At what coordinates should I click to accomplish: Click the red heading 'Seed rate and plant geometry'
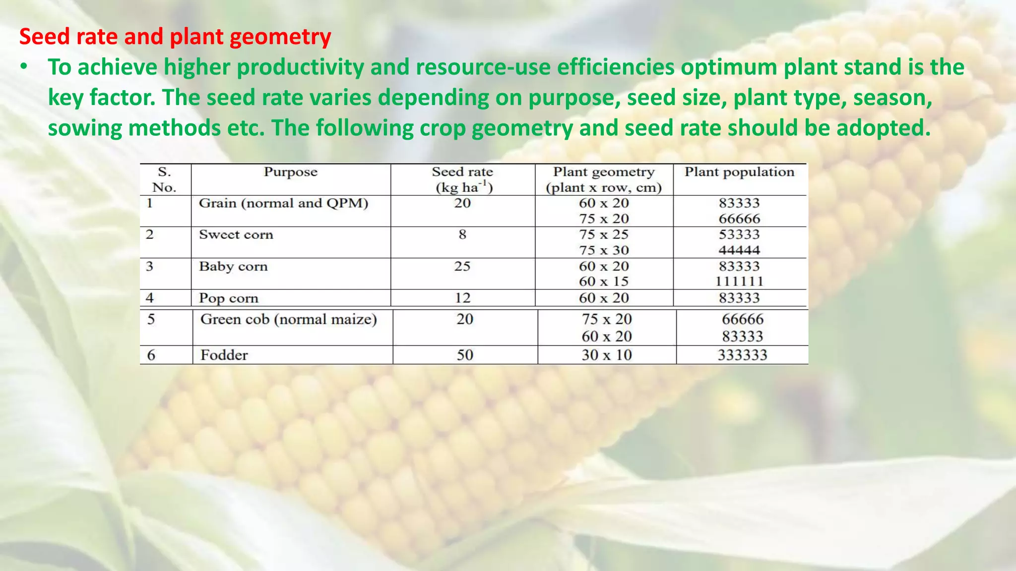click(x=175, y=37)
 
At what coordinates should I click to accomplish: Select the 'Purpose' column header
click(x=290, y=172)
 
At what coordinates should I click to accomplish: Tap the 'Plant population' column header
click(x=739, y=172)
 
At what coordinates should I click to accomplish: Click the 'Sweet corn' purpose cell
click(x=236, y=234)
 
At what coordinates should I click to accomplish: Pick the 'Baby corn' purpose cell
click(x=233, y=266)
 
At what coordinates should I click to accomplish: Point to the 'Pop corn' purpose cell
click(x=229, y=298)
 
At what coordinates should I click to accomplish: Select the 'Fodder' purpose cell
click(x=224, y=355)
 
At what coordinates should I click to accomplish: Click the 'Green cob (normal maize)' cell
click(x=288, y=319)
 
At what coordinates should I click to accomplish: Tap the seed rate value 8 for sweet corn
click(x=462, y=234)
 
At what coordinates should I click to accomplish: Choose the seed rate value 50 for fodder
click(x=465, y=355)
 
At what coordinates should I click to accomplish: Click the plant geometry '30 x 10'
click(x=607, y=355)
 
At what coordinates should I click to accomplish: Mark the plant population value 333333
click(x=742, y=355)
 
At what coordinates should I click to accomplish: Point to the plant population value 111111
click(x=739, y=282)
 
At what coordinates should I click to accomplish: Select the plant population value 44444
click(x=739, y=250)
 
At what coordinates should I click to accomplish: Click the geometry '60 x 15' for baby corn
click(x=604, y=282)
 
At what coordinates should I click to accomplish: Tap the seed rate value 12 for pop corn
click(x=462, y=298)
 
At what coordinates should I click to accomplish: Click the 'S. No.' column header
click(x=164, y=179)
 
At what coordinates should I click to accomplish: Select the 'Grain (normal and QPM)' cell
click(x=283, y=203)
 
